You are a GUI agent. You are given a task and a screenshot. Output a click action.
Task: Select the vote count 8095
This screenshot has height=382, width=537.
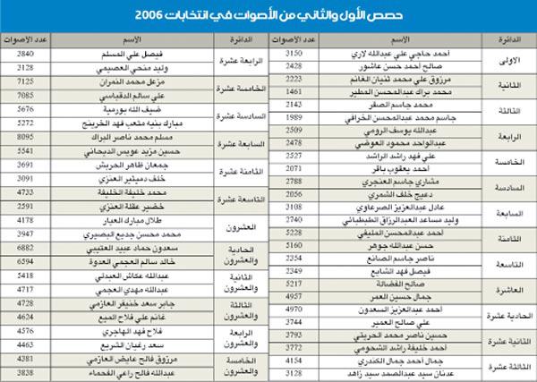coord(25,135)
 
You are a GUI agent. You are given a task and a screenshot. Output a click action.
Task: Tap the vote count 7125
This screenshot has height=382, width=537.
coord(25,81)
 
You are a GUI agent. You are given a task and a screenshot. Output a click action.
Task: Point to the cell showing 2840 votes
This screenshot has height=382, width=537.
coord(25,54)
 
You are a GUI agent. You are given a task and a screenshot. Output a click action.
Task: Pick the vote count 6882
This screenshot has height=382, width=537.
coord(25,247)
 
